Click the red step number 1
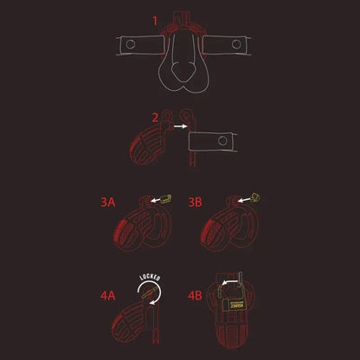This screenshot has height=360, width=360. (156, 19)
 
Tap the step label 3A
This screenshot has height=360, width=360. (106, 202)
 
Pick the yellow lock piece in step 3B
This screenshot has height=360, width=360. (257, 196)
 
